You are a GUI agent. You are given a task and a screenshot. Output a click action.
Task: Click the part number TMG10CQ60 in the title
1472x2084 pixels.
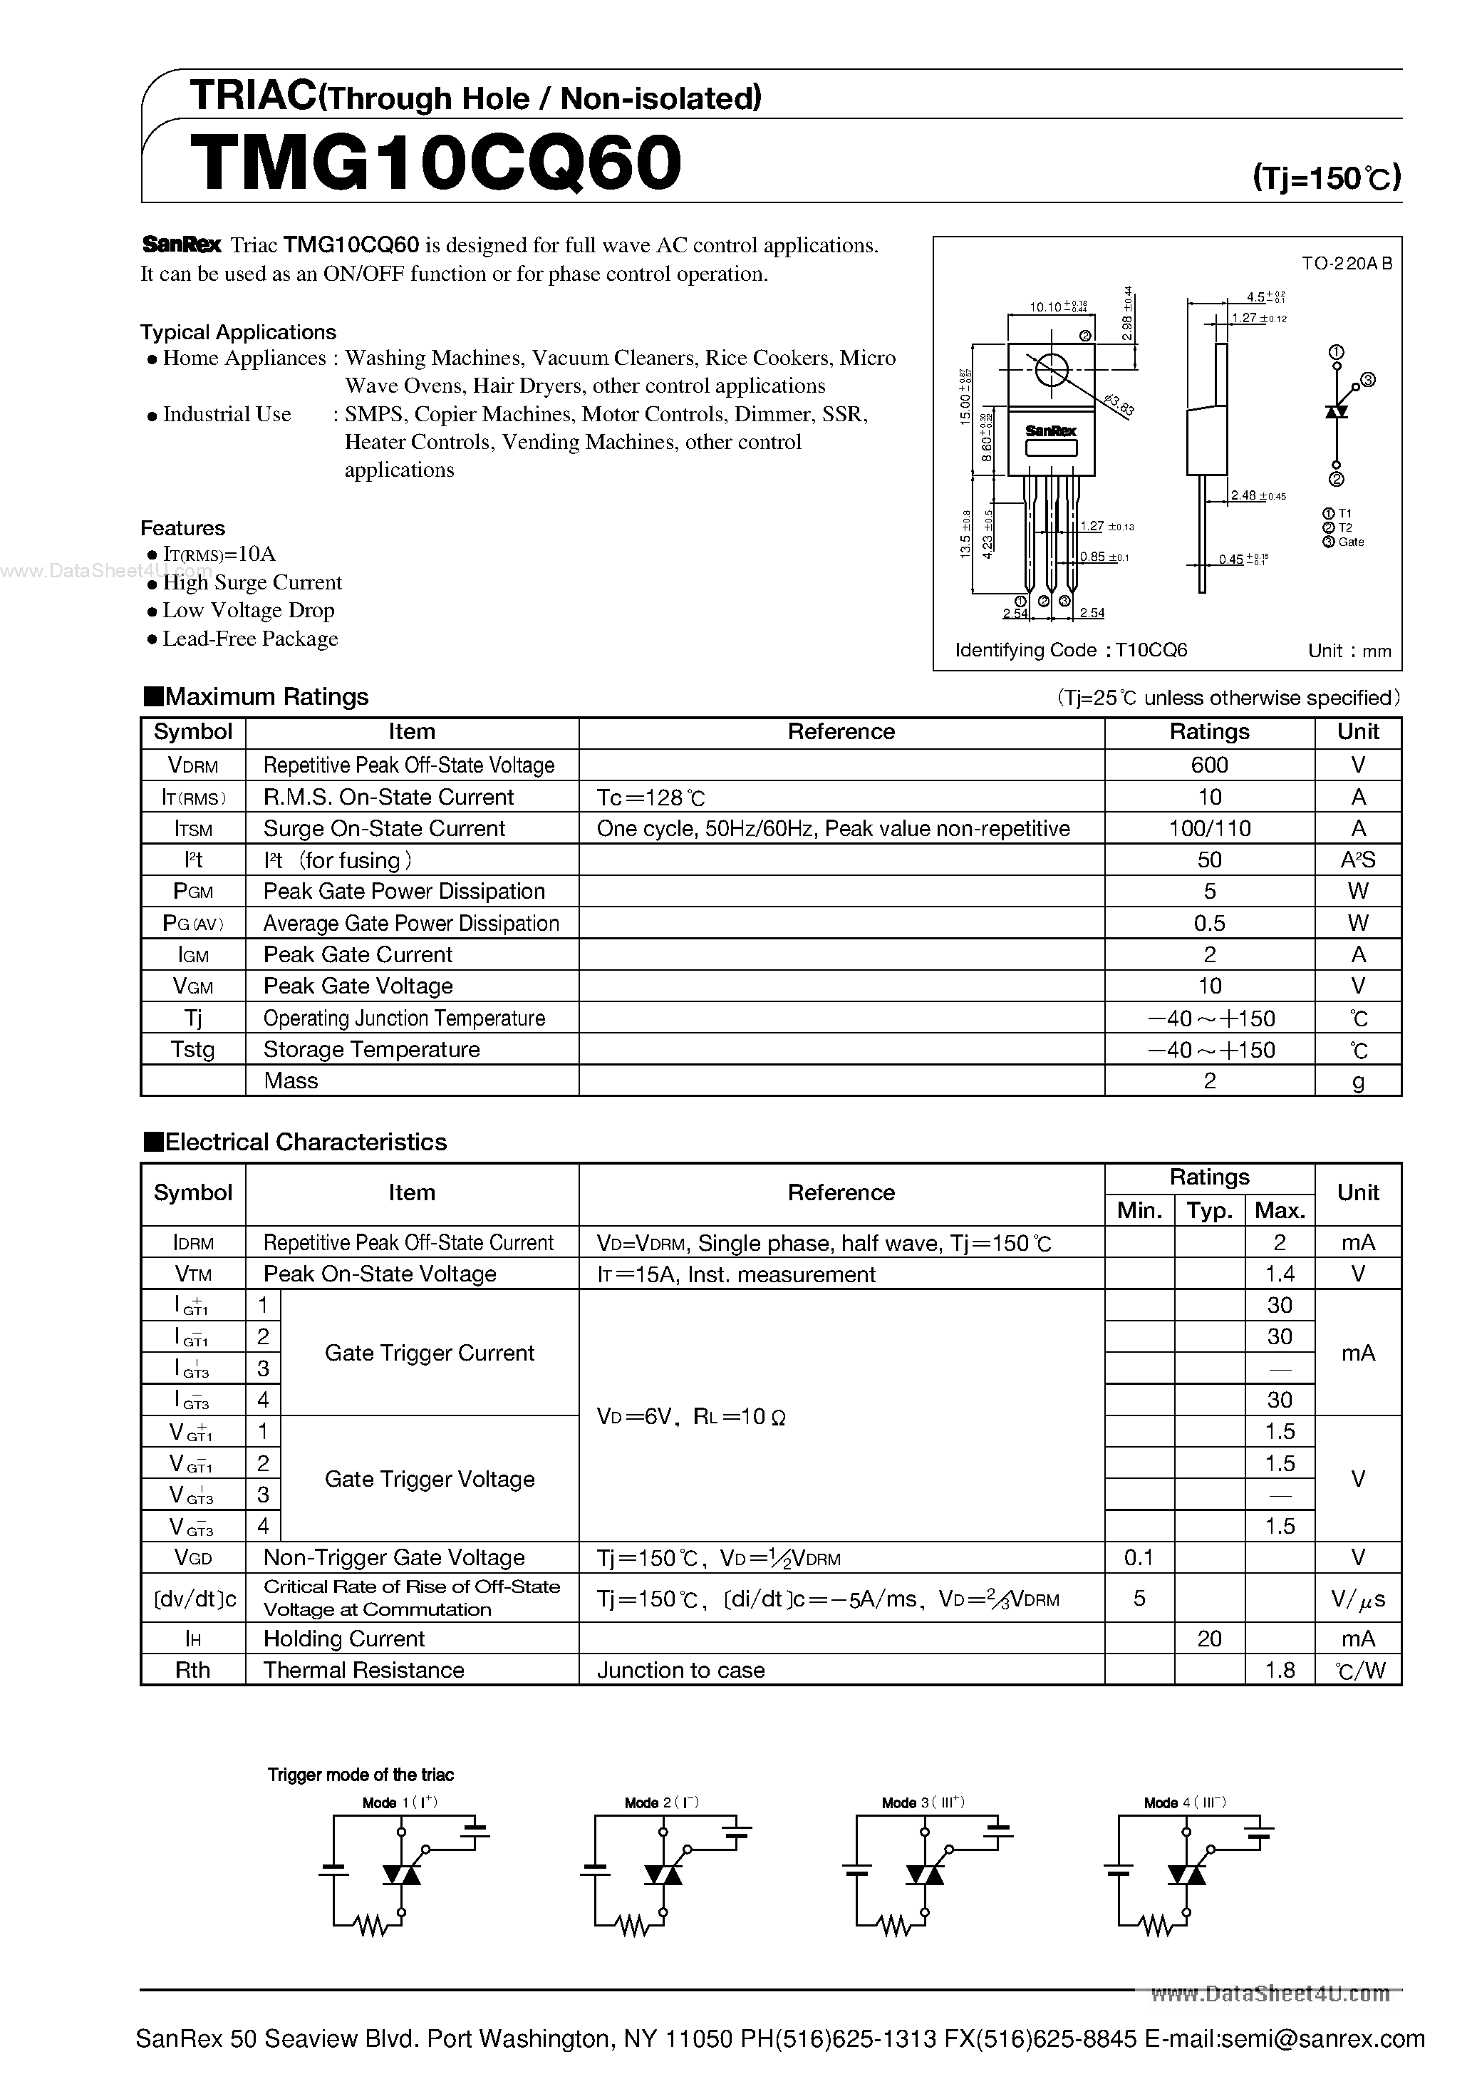[x=435, y=163]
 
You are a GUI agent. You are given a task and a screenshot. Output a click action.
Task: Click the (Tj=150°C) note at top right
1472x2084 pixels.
[x=1326, y=177]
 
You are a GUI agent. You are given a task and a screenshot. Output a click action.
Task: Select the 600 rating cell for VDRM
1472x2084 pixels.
[x=1209, y=765]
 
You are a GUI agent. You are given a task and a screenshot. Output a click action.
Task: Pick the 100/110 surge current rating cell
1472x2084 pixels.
[x=1209, y=829]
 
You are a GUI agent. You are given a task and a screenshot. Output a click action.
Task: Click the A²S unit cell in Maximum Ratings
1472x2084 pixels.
[x=1358, y=860]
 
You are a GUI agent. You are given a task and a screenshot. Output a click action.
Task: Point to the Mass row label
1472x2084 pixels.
[x=291, y=1081]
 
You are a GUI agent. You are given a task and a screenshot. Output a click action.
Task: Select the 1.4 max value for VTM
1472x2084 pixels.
[x=1279, y=1274]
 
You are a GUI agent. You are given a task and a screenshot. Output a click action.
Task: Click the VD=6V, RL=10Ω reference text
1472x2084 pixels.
[x=690, y=1417]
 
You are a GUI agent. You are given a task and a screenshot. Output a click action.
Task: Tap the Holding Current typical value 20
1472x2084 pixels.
[x=1209, y=1639]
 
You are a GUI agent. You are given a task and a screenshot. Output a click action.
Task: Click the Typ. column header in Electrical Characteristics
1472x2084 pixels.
[x=1209, y=1211]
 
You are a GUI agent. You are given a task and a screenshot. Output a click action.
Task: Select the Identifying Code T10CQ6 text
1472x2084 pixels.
[x=1071, y=651]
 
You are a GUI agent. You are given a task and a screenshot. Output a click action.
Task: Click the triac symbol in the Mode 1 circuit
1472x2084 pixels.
[x=401, y=1874]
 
